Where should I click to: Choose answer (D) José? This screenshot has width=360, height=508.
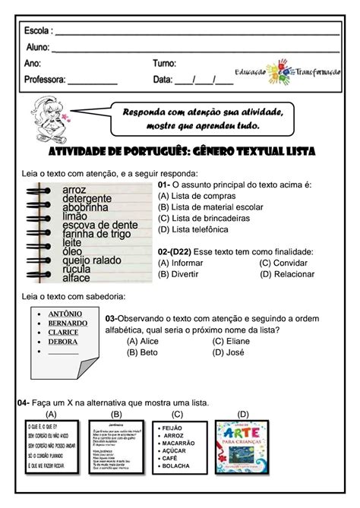(232, 352)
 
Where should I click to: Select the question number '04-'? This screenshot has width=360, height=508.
(24, 402)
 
